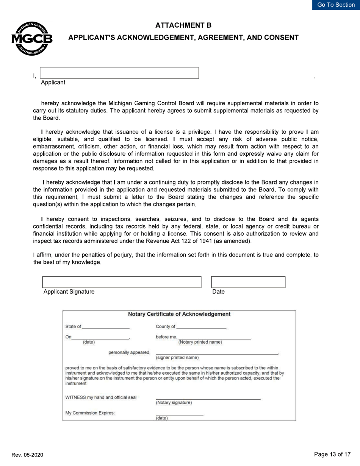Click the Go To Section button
click(x=336, y=5)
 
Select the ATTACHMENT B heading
click(x=183, y=25)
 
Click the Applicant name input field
click(x=119, y=73)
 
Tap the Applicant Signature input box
click(x=122, y=282)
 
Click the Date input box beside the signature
click(x=248, y=282)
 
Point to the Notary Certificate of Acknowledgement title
click(x=179, y=314)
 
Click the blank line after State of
click(x=106, y=327)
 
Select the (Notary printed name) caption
click(x=200, y=342)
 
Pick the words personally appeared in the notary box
click(x=129, y=353)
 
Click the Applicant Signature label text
click(x=69, y=292)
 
